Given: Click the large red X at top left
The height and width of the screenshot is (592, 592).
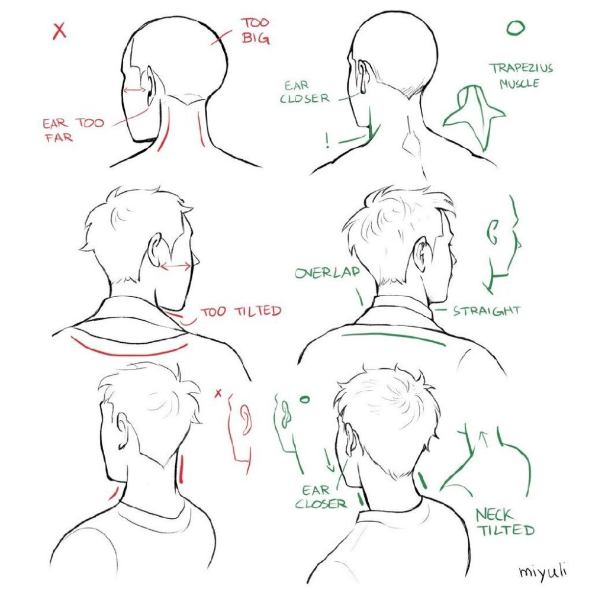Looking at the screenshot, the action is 60,31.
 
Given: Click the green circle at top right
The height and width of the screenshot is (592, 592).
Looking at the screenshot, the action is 516,28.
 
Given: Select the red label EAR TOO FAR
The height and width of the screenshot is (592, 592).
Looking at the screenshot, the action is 73,130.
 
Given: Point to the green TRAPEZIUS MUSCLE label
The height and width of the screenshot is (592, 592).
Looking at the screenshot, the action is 521,76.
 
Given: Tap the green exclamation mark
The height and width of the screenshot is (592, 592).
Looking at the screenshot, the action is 327,140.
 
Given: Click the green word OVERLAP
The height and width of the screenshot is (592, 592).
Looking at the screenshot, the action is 327,272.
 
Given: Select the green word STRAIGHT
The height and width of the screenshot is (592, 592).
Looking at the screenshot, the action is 487,311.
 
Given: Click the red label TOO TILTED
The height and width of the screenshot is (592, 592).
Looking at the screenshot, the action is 241,311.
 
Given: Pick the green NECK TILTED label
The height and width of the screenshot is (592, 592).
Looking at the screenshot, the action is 505,522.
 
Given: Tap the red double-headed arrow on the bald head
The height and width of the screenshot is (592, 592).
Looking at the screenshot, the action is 135,90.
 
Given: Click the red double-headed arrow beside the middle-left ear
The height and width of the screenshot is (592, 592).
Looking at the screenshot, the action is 176,267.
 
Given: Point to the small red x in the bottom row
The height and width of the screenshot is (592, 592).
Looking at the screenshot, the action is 218,394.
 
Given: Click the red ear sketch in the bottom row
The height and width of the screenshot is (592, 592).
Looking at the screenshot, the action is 246,419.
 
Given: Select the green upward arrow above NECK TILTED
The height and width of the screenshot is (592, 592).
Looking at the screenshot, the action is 482,440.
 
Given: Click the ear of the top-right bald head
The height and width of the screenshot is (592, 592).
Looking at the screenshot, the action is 363,76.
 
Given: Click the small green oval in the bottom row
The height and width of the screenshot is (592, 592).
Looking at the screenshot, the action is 304,399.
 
